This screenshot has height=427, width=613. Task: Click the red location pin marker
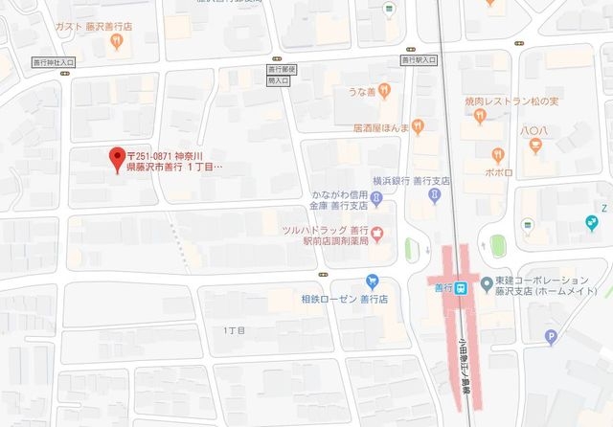point(118,157)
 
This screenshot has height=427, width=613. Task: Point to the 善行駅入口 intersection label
point(420,60)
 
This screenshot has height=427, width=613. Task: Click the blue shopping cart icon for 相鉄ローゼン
point(371,281)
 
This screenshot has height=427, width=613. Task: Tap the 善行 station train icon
point(462,287)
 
